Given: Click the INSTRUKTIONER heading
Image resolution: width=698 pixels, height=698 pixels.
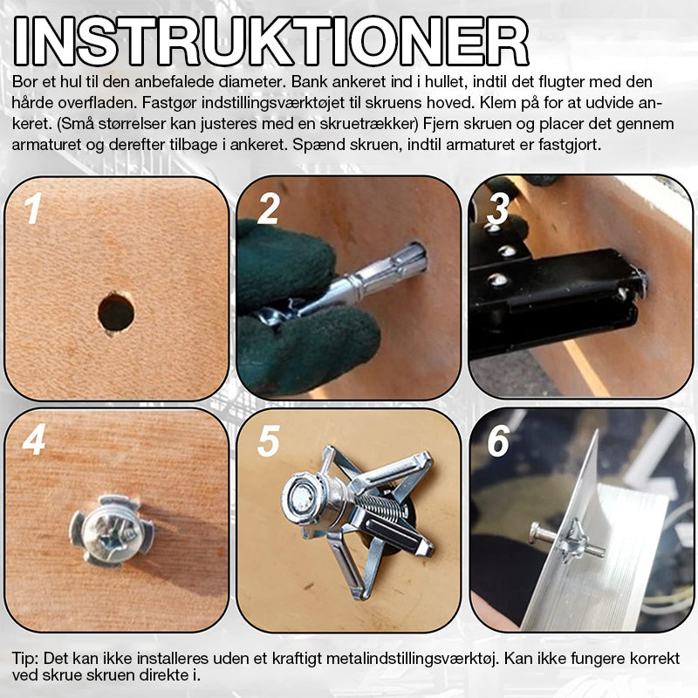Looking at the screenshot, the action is point(271,41).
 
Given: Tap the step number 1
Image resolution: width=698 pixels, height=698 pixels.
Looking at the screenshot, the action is point(33,209).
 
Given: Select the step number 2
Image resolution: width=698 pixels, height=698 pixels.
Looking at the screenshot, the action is point(269,209).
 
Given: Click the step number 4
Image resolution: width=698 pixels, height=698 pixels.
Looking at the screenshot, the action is point(34,440).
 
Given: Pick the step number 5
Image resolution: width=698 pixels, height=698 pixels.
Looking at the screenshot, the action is point(269,441).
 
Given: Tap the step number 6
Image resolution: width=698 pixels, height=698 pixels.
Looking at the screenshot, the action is point(498,441).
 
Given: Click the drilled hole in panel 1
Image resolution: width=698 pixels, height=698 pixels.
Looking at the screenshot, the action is point(116,313).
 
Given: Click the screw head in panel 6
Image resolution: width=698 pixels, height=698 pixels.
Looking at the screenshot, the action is point(536,533).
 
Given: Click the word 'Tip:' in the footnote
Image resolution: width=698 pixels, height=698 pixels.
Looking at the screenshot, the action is point(26,658).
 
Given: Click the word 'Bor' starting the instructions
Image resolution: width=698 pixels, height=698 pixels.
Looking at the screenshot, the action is point(24,82).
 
